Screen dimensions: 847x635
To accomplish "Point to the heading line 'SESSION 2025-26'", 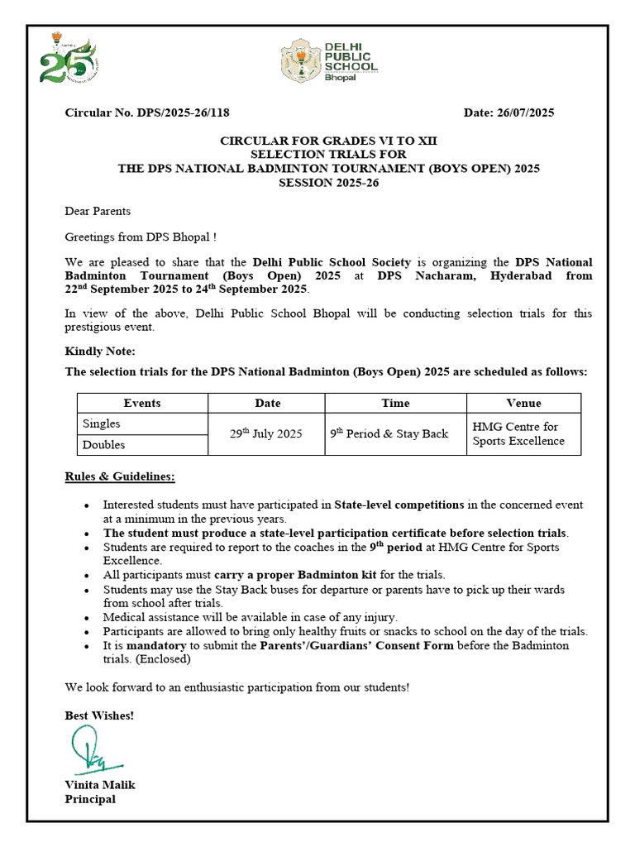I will [328, 182].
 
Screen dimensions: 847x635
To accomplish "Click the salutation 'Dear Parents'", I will [98, 211].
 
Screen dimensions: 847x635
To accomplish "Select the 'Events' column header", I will [142, 403].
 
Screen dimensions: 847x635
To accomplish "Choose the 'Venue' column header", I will [523, 403].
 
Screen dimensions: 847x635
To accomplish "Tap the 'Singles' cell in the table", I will [102, 423].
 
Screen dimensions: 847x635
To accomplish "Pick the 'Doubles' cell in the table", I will [103, 445].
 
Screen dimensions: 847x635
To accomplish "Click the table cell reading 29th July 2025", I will [265, 433].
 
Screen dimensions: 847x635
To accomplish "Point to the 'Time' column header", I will [395, 403].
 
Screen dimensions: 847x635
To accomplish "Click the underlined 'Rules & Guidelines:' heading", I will [120, 477].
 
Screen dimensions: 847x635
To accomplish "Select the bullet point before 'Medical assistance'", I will [88, 617].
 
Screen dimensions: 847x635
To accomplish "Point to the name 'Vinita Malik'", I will [100, 784].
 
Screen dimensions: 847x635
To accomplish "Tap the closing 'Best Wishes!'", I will [99, 715].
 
